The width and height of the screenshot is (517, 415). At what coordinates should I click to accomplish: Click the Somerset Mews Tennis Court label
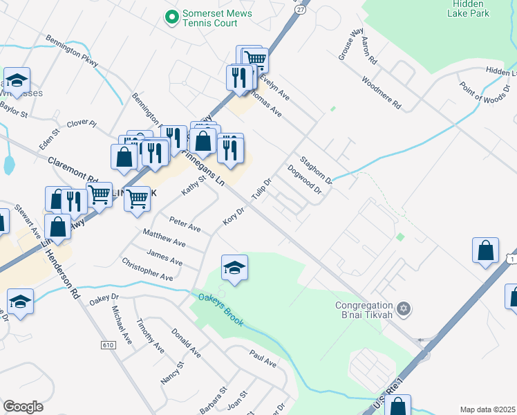[210, 19]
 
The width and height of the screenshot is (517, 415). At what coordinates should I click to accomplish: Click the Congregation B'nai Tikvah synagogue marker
[404, 308]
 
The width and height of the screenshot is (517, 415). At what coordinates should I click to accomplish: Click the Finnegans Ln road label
[205, 167]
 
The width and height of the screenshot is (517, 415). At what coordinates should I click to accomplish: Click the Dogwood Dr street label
[305, 178]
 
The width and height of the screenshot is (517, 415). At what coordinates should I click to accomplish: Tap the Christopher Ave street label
[147, 268]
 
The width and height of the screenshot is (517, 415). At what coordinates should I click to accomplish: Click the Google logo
[23, 407]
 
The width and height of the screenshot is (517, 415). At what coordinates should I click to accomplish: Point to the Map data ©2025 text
[487, 409]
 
